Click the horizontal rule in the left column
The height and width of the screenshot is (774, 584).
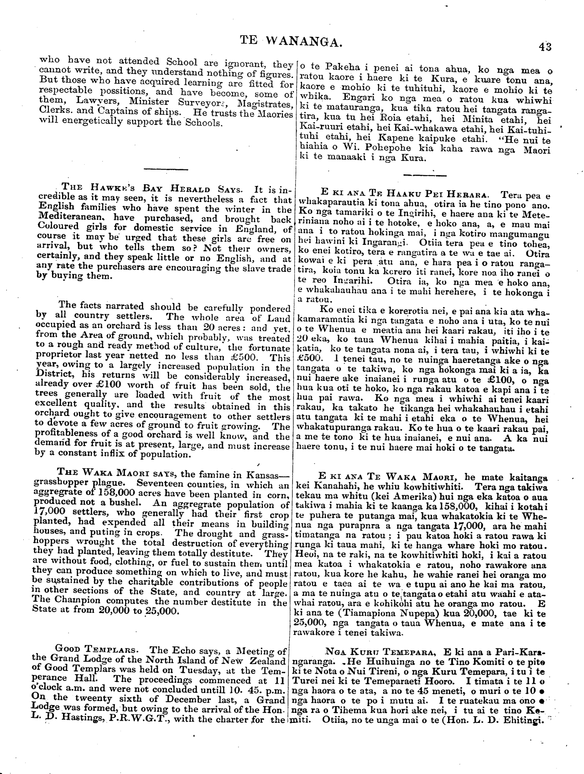[x=166, y=170]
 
